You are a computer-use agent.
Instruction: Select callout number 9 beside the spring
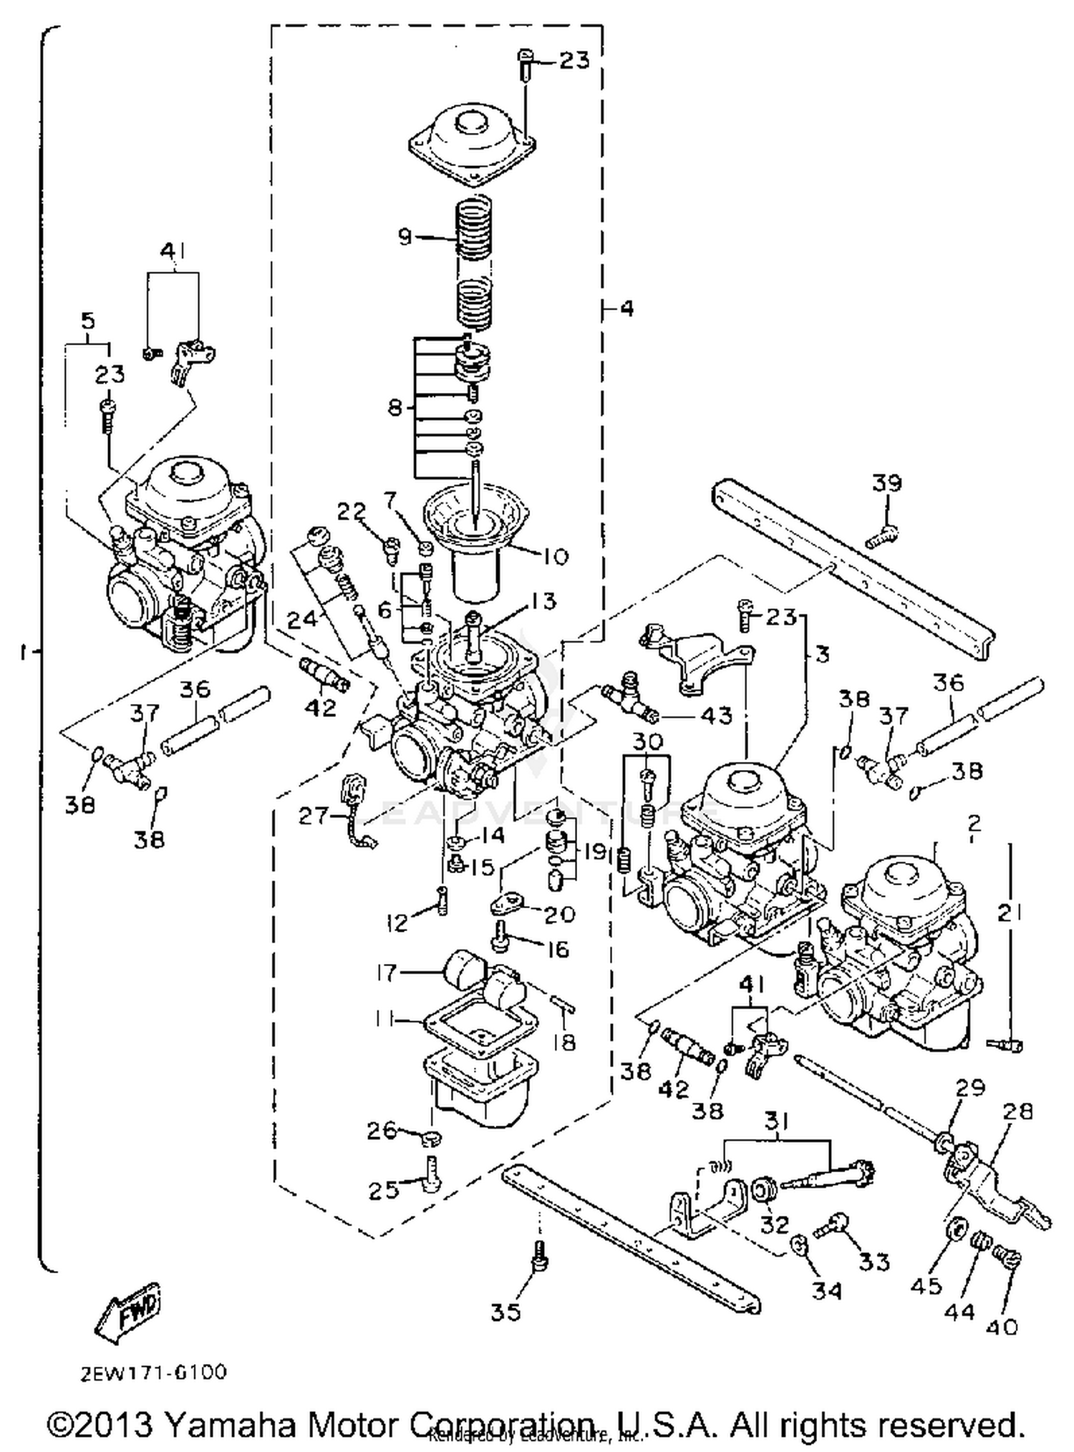tap(405, 236)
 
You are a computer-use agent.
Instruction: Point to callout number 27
tap(314, 816)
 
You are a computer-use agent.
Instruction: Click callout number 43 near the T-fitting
tap(717, 715)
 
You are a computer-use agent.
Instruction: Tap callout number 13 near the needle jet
tap(543, 601)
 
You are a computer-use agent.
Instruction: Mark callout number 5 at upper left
tap(87, 321)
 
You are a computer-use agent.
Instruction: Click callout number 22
tap(352, 512)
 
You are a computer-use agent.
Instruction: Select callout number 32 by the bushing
tap(773, 1224)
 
